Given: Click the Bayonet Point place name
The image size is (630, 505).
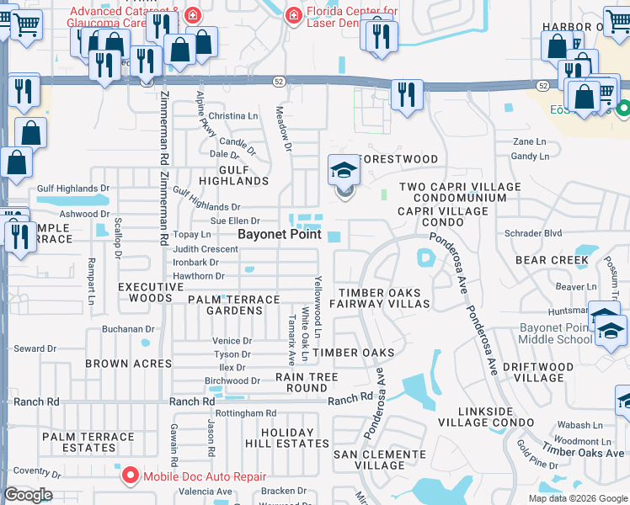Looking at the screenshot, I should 279,234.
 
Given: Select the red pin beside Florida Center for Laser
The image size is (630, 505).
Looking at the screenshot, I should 293,14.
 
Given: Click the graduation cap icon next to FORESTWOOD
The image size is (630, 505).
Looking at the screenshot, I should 344,172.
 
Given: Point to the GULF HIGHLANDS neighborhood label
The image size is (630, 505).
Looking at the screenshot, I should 232,174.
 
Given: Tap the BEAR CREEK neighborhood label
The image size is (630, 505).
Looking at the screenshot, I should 552,261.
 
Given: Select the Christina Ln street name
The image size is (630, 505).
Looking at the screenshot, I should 232,115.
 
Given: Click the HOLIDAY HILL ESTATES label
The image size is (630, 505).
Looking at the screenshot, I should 286,438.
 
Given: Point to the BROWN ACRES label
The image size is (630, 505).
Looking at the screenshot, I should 128,364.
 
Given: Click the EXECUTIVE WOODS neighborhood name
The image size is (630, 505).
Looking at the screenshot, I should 151,292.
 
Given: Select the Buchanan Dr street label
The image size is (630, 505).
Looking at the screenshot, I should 128,329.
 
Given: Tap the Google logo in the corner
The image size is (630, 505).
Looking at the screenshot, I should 28,495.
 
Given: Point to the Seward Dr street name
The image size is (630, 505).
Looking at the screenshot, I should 35,348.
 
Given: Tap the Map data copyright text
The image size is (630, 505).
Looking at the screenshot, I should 577,498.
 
